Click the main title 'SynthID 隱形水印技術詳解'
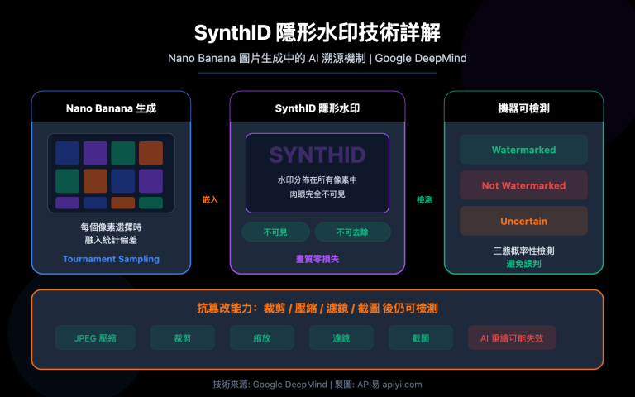click(x=317, y=33)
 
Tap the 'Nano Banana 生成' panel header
click(x=111, y=108)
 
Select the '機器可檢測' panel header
click(x=523, y=108)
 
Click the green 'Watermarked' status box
click(x=523, y=150)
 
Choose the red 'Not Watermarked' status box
click(x=523, y=185)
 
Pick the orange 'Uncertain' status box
click(x=523, y=221)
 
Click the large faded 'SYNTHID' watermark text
click(x=317, y=155)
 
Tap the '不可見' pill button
click(x=275, y=232)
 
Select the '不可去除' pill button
click(x=352, y=232)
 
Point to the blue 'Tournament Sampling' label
click(x=111, y=259)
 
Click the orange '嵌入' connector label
click(x=210, y=199)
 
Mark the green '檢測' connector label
click(x=424, y=199)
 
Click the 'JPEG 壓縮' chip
click(x=94, y=337)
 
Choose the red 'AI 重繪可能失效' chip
click(x=511, y=337)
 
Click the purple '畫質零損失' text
click(x=317, y=259)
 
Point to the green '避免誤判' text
click(x=523, y=262)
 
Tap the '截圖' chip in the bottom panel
click(x=421, y=337)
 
